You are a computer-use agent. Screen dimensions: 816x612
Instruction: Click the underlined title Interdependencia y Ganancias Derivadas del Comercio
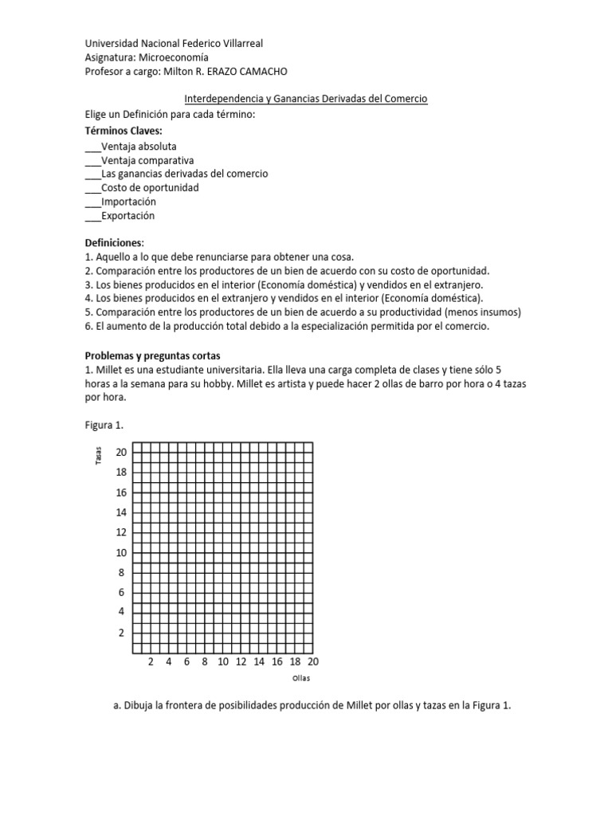(x=306, y=99)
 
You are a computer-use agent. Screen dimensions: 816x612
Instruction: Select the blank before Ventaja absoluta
(x=92, y=147)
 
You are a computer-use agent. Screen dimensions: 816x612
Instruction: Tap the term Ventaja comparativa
(x=147, y=160)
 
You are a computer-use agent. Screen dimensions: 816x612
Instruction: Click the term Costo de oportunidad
(x=150, y=188)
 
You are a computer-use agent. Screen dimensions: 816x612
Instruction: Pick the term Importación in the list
(x=128, y=202)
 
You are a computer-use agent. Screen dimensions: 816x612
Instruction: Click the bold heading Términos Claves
(x=124, y=130)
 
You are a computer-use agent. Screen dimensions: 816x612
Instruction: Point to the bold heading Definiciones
(x=116, y=242)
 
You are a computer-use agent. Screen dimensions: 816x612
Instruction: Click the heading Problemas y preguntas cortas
(x=152, y=355)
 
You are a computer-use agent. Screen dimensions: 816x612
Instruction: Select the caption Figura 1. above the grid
(x=104, y=425)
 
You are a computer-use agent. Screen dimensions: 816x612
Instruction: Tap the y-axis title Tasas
(x=98, y=457)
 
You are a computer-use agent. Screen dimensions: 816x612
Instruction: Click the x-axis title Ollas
(x=300, y=678)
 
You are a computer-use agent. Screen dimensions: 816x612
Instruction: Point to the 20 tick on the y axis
(x=121, y=452)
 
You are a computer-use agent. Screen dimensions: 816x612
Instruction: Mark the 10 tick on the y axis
(x=121, y=552)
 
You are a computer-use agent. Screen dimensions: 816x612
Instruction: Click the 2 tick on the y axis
(x=121, y=633)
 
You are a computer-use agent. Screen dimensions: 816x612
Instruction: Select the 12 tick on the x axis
(x=241, y=661)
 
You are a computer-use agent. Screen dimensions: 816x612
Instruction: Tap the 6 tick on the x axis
(x=186, y=661)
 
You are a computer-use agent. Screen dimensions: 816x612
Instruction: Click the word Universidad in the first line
(x=111, y=44)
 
